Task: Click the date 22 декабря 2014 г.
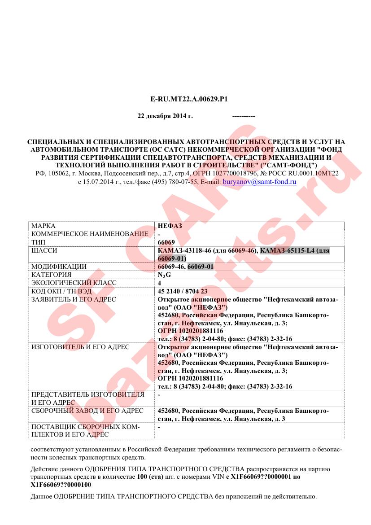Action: [165, 116]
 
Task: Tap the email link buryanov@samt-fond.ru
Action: [260, 182]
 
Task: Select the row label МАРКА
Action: [44, 226]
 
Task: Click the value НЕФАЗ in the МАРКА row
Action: [170, 226]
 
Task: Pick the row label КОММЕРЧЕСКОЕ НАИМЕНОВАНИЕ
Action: [90, 234]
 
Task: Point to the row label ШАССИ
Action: [44, 250]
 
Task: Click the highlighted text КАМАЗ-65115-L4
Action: [288, 251]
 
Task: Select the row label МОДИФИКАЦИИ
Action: [59, 267]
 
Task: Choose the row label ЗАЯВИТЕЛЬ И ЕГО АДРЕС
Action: [74, 299]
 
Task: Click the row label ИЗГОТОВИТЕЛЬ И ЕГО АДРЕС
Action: [80, 347]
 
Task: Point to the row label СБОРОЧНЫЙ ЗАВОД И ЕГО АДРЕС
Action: [87, 411]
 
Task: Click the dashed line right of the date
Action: [244, 116]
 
